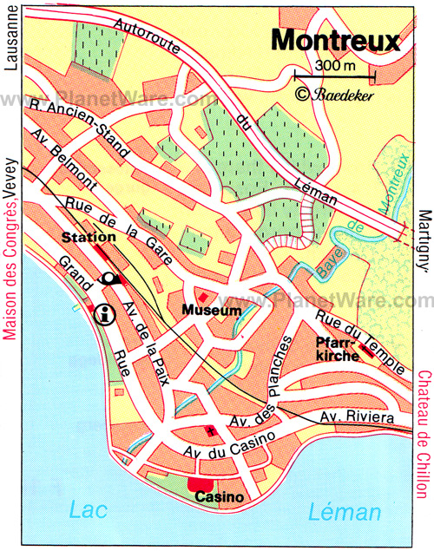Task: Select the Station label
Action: coord(89,237)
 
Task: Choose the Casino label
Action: coord(218,497)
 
